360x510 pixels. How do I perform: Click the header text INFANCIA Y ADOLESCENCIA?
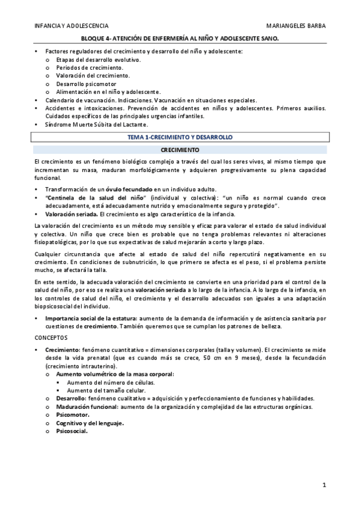(71, 26)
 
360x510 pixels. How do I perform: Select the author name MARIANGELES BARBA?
(296, 26)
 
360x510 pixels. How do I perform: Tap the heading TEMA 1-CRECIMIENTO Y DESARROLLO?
(180, 137)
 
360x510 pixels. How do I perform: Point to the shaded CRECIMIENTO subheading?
(180, 149)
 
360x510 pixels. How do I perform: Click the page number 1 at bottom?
(323, 484)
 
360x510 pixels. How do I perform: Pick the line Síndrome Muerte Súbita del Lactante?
(96, 124)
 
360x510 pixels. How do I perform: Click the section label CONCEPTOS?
(52, 337)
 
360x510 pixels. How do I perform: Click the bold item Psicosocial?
(72, 431)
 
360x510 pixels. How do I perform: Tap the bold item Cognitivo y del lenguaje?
(90, 423)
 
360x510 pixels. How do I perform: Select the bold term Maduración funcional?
(82, 407)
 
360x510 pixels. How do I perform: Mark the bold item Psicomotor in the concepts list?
(72, 414)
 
